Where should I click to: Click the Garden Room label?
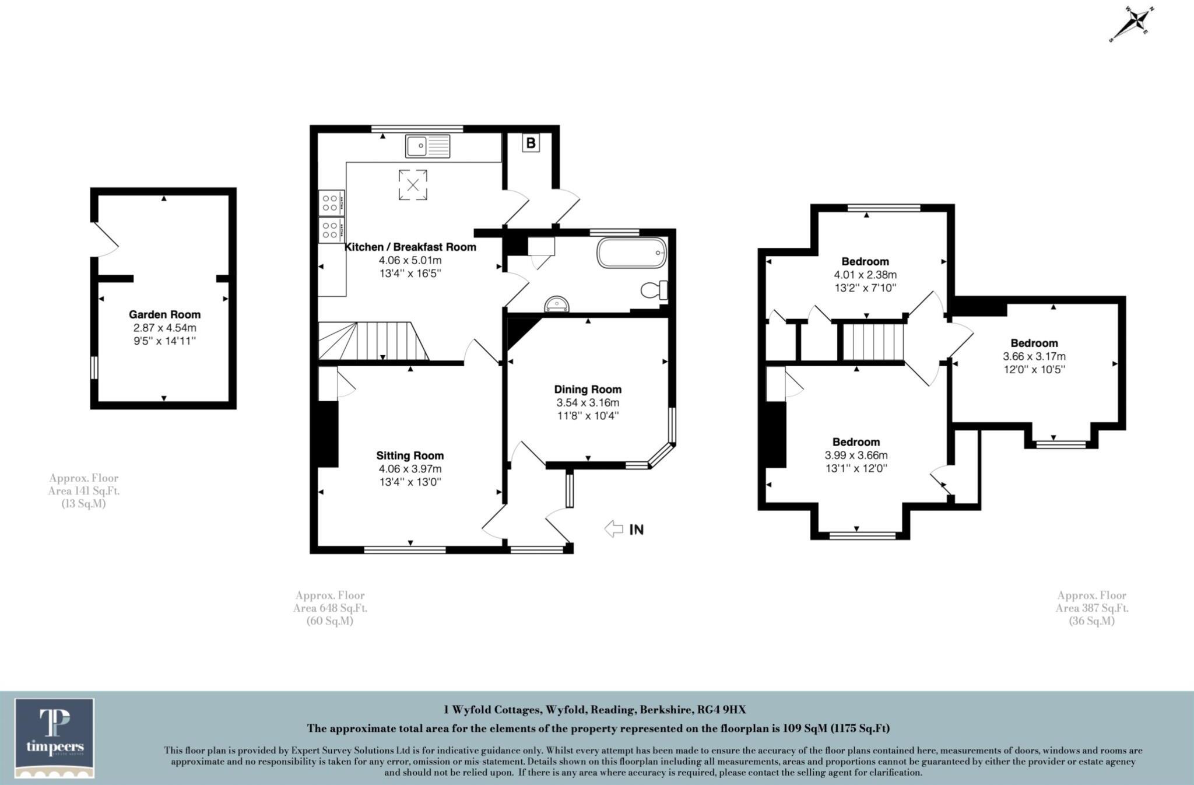point(164,314)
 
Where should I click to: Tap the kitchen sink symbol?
point(428,145)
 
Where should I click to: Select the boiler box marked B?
point(531,143)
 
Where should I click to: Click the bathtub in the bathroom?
point(631,253)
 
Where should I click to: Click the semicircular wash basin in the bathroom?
point(557,304)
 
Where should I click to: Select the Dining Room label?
point(588,389)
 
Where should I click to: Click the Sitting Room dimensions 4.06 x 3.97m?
point(410,469)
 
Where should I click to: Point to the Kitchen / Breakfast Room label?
point(410,247)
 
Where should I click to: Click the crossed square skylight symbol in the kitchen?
point(413,185)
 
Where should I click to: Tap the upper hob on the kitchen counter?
point(331,203)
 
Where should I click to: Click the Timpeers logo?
point(55,738)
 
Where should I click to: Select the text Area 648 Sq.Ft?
point(330,608)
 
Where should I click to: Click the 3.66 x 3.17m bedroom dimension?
point(1034,356)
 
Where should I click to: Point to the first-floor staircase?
point(873,342)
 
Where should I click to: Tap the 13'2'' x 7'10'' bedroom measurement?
point(865,288)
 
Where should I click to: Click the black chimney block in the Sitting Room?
point(328,434)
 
